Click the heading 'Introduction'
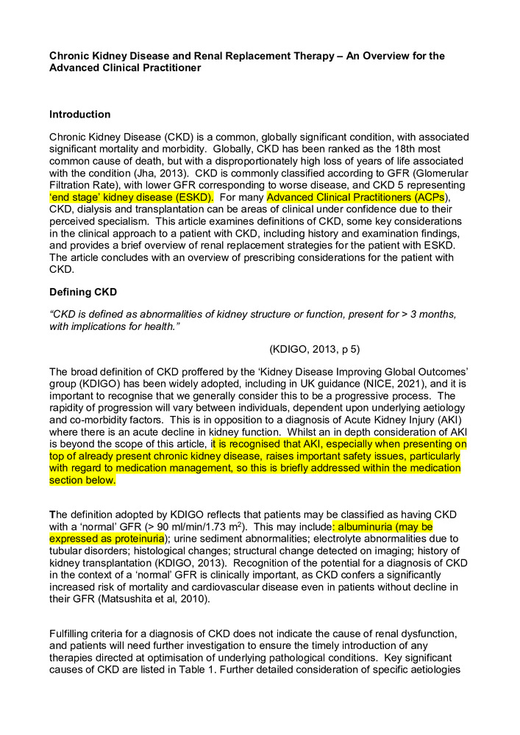[x=79, y=115]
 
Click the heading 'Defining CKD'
[x=83, y=293]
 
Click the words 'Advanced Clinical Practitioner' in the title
[x=125, y=68]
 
